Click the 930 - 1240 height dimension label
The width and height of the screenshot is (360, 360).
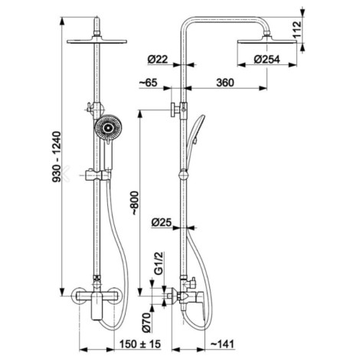(57, 157)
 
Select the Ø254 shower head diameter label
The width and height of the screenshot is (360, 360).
(267, 60)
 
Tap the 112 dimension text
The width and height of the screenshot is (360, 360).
(296, 30)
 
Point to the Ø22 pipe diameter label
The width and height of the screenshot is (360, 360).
(158, 60)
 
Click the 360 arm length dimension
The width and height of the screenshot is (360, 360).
(225, 83)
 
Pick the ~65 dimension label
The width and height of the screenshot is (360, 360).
(149, 83)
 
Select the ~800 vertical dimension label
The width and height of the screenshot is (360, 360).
(135, 203)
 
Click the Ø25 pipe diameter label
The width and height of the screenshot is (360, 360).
(161, 223)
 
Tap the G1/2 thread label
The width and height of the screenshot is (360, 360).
(159, 263)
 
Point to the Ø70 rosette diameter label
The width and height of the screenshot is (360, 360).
(146, 322)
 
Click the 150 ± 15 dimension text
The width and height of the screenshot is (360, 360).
(140, 344)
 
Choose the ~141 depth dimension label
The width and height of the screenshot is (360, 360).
(222, 344)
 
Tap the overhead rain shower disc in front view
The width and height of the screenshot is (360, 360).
(97, 41)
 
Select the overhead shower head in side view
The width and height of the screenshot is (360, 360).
(267, 41)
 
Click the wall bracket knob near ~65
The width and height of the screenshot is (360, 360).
(175, 110)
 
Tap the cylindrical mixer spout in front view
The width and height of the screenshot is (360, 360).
(97, 306)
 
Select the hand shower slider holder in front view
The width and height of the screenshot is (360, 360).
(98, 175)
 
